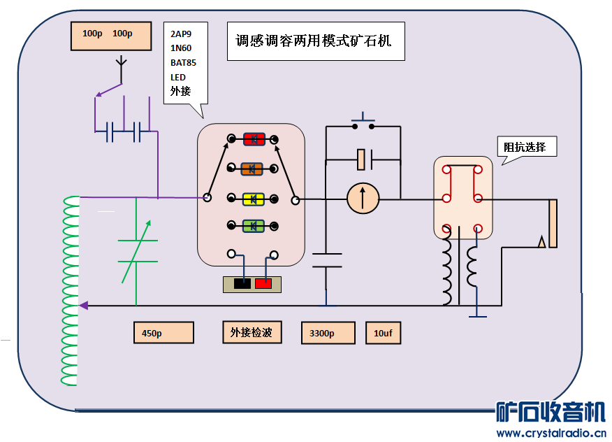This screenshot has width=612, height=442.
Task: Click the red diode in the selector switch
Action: click(x=252, y=139)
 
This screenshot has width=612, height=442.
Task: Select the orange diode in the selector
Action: click(x=252, y=169)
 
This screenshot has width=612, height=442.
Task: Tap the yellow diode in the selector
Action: click(x=252, y=199)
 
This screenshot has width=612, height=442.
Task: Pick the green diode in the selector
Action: click(x=252, y=225)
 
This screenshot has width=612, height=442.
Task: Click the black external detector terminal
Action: click(x=242, y=284)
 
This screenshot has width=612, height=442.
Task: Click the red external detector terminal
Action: click(x=263, y=284)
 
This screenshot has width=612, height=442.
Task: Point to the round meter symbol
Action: click(x=363, y=199)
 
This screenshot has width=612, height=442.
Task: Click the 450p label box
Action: click(x=163, y=333)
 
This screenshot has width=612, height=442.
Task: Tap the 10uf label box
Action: click(x=384, y=333)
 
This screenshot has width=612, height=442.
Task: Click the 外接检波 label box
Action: click(x=252, y=332)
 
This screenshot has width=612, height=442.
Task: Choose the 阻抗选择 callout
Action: click(x=530, y=148)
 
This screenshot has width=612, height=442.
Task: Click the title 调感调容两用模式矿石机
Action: click(x=316, y=41)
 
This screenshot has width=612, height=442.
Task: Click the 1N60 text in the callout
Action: click(x=180, y=48)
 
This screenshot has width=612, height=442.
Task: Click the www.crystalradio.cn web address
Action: click(x=551, y=433)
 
